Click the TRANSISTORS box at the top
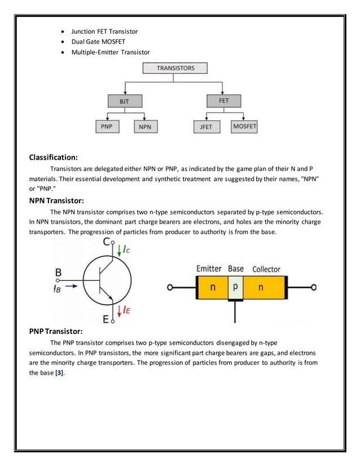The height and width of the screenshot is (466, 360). [x=175, y=68]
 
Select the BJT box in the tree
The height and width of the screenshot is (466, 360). [x=124, y=102]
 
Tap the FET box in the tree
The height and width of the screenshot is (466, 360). [x=223, y=101]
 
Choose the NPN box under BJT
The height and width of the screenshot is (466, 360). [x=145, y=127]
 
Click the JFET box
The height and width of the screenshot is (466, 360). [x=207, y=127]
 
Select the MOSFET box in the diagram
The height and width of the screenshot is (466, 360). [x=244, y=127]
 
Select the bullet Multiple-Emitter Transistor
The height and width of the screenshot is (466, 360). [x=111, y=52]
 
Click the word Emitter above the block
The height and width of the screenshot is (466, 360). [x=209, y=269]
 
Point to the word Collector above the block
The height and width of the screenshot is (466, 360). [x=266, y=269]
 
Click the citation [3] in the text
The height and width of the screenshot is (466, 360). [x=59, y=373]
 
